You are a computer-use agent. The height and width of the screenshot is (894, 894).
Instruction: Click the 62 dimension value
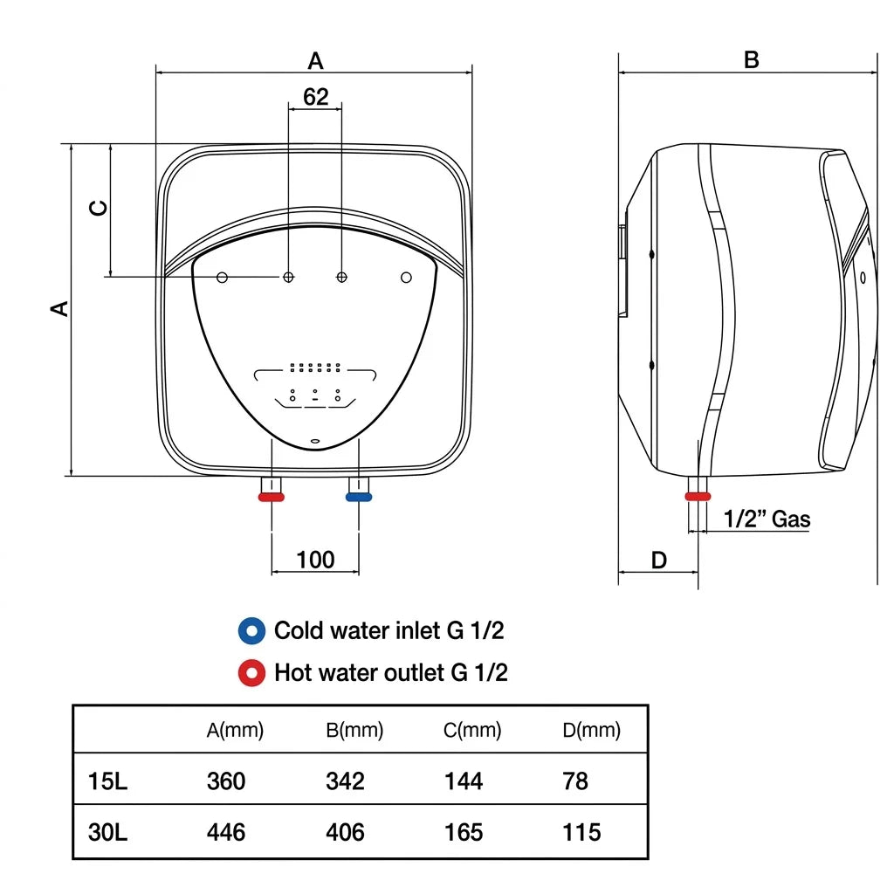(x=315, y=96)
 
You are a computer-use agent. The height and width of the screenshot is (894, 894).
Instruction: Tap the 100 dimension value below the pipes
(x=315, y=560)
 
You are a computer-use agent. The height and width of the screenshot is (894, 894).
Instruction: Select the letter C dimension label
(x=99, y=208)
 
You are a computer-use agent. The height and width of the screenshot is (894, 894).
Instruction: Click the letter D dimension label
(x=658, y=560)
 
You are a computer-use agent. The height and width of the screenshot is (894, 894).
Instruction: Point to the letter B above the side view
(x=752, y=60)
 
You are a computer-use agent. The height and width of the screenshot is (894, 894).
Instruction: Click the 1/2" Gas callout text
(x=767, y=519)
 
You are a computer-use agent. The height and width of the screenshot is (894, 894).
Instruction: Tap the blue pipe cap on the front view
(x=359, y=497)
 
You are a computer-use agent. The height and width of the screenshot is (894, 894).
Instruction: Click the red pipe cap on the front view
(x=272, y=497)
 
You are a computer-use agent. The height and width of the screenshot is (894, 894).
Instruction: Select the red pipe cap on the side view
(x=698, y=497)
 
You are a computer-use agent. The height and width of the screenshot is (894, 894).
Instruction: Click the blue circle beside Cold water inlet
(x=251, y=631)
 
